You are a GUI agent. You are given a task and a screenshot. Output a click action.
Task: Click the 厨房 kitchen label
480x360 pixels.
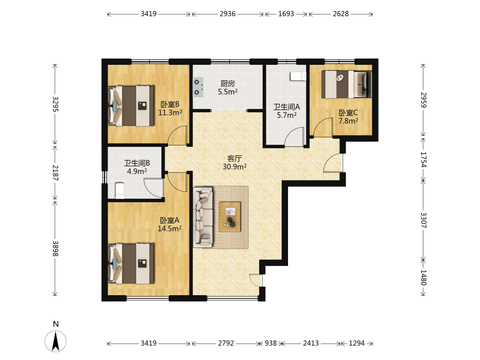coord(228,84)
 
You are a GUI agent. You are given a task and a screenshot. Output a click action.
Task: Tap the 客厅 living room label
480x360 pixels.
coord(235,158)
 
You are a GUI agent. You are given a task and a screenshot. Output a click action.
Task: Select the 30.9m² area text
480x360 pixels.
coord(235,167)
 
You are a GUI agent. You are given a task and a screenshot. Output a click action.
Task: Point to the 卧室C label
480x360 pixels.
coord(348,113)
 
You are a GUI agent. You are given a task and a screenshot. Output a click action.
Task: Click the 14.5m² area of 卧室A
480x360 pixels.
coord(169,228)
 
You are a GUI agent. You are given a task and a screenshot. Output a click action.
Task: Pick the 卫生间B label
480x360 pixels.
coord(137,163)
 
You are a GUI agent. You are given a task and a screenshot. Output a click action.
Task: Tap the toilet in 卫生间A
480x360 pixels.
coord(298,76)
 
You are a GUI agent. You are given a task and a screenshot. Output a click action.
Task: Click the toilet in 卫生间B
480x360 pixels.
coord(120,191)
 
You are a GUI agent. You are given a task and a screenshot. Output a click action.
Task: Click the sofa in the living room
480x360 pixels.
coord(203,217)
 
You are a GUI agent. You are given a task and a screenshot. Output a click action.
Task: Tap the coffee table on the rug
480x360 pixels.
coord(230,217)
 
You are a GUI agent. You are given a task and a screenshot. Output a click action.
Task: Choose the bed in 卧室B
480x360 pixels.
coord(131,106)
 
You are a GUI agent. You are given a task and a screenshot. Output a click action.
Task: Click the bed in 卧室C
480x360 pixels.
coord(347,84)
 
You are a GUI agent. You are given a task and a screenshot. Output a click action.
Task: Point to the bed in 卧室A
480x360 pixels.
coord(131,264)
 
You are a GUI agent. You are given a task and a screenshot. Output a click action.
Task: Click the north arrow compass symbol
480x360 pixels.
coord(55,341)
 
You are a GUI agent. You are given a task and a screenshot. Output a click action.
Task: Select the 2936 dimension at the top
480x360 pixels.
coord(228,14)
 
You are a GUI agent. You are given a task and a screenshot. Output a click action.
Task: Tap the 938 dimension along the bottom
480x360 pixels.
coord(271,343)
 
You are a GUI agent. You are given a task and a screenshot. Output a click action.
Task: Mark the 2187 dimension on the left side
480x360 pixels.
coord(55,173)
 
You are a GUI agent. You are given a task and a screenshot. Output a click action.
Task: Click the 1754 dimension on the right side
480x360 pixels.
coord(423,160)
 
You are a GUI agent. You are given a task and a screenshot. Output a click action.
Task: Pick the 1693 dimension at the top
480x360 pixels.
coord(286,14)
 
